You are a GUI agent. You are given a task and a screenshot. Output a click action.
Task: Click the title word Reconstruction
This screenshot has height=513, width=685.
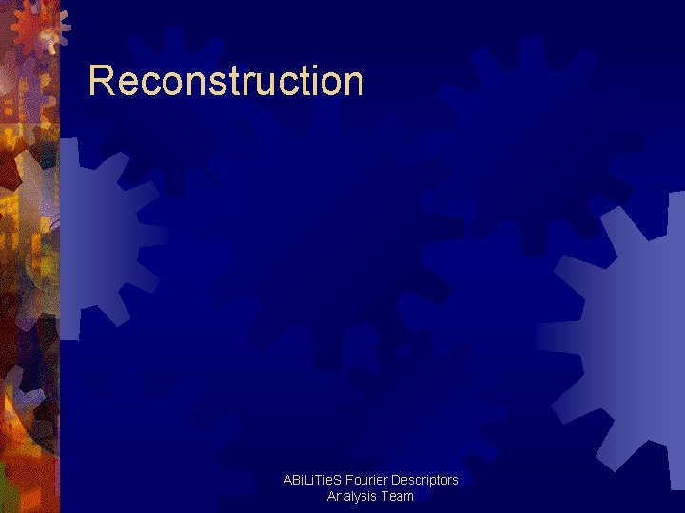225,82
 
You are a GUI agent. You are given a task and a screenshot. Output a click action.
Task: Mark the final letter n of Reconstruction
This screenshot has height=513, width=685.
352,85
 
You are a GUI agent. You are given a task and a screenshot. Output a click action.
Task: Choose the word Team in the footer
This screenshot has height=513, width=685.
399,496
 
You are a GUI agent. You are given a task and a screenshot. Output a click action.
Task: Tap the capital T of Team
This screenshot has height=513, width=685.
385,496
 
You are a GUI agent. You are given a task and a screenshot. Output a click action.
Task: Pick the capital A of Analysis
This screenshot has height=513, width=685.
331,496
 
